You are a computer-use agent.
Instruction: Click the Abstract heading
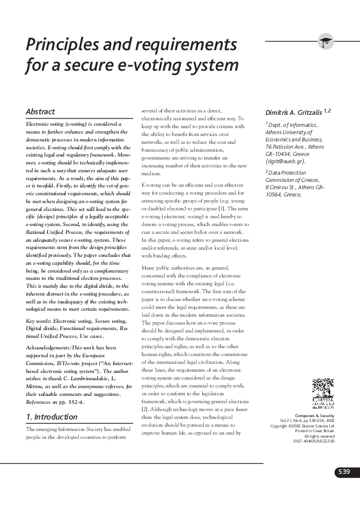pos(40,112)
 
